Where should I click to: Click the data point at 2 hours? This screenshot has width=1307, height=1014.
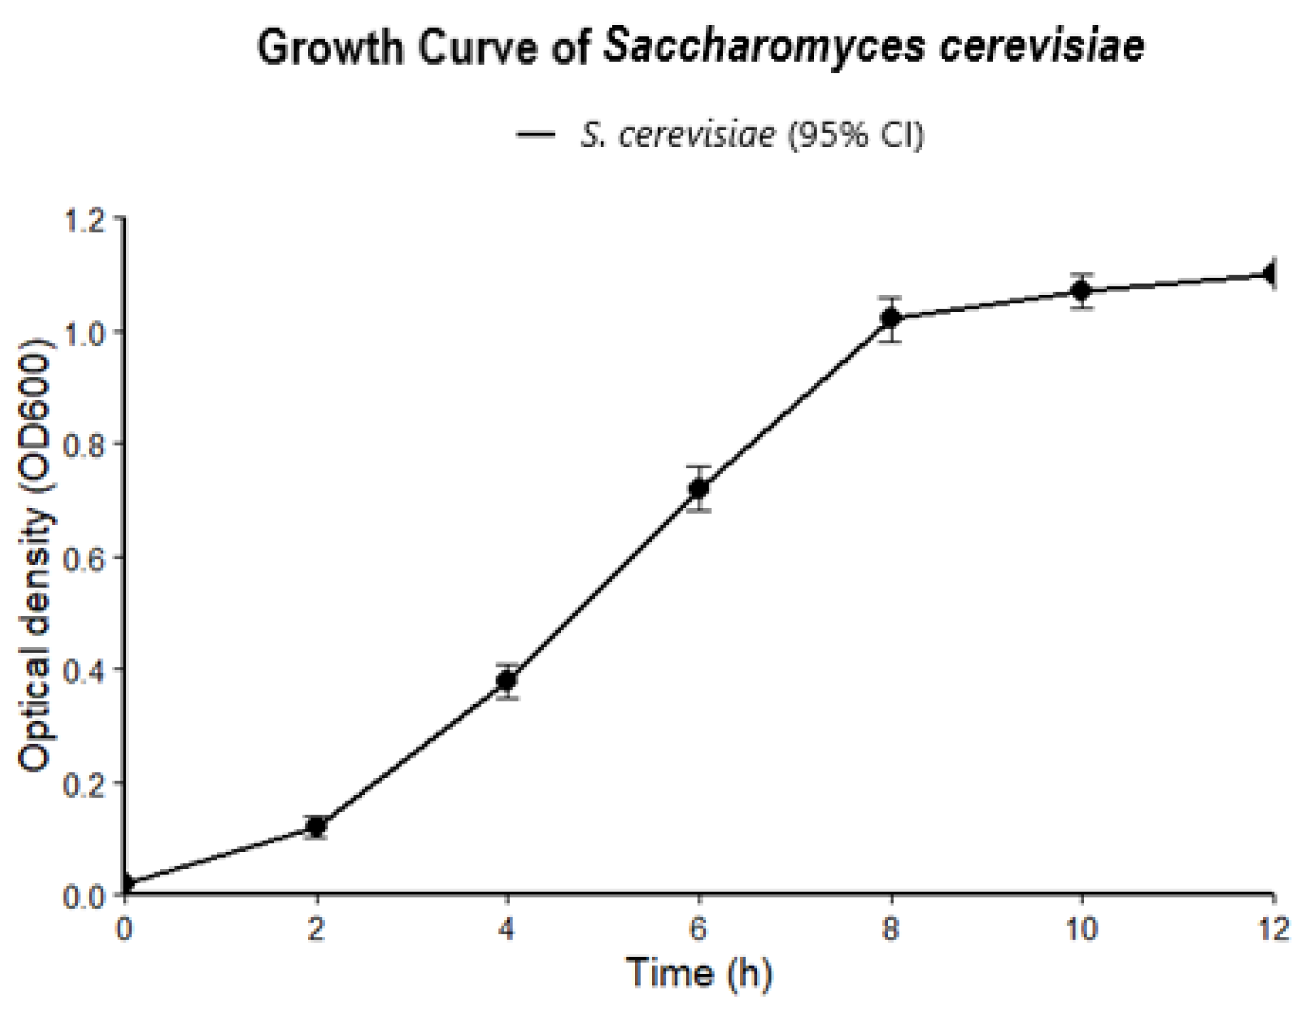316,826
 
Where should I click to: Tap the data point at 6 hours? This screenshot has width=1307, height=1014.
699,488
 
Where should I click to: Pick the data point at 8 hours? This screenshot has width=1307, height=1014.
891,318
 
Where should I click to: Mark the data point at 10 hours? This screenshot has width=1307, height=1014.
1082,290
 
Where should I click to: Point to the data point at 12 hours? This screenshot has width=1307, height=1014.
1271,275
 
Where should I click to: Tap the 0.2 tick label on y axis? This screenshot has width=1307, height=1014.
84,783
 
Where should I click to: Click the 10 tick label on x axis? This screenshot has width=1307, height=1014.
1082,929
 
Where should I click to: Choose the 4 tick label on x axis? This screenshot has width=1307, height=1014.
507,929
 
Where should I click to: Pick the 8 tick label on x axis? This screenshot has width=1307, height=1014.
891,929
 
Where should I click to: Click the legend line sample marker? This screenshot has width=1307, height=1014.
535,135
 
